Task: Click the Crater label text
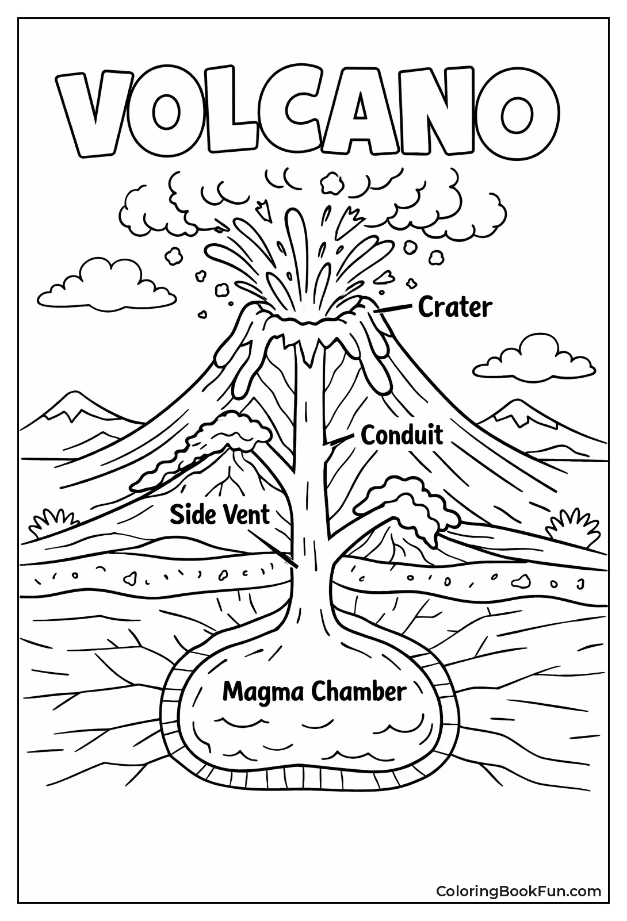click(454, 308)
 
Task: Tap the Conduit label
click(402, 436)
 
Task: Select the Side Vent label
click(219, 515)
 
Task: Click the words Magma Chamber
click(314, 691)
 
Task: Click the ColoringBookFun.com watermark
click(518, 892)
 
